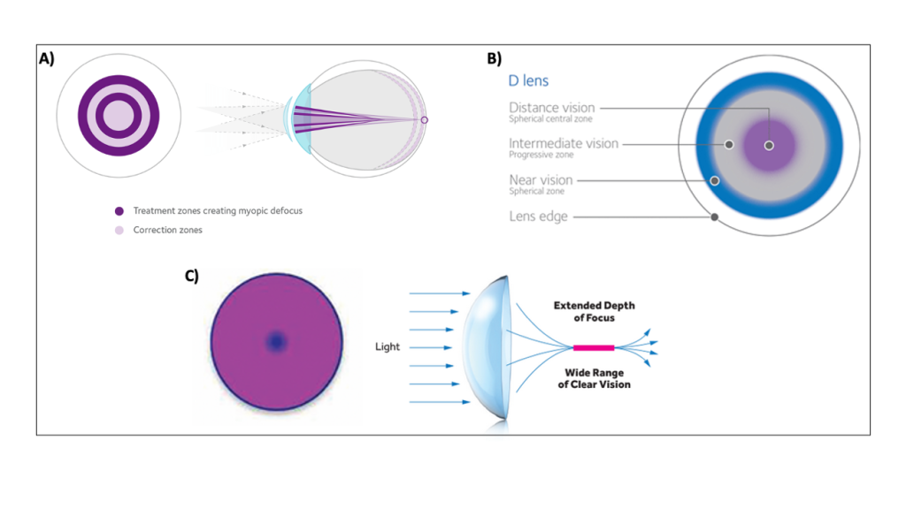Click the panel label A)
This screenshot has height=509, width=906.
coord(47,58)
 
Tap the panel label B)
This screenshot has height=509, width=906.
coord(494,58)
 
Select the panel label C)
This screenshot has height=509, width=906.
coord(192,276)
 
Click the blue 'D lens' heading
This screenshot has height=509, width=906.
coord(528,80)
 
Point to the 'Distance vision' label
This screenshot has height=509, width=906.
coord(552,107)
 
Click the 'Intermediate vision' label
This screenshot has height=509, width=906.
coord(564,143)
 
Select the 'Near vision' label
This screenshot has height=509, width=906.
coord(541,180)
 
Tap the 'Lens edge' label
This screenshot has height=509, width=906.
coord(539,217)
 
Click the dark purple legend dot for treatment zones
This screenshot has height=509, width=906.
coord(119,211)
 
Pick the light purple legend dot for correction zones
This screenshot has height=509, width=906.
coord(119,231)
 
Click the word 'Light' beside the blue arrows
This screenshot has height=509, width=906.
coord(388,346)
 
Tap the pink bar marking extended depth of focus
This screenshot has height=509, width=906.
coord(594,347)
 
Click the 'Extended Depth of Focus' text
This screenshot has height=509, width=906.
coord(594,312)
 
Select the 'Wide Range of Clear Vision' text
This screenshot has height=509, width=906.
coord(594,378)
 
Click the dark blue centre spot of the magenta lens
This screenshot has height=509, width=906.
coord(276,342)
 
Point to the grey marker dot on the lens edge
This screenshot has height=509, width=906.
coord(715,217)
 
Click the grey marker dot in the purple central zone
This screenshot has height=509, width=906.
coord(769,146)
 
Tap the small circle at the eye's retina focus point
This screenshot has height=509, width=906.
coord(424,120)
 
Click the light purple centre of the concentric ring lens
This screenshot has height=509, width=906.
coord(119,116)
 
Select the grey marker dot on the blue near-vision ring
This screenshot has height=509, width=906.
coord(715,180)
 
